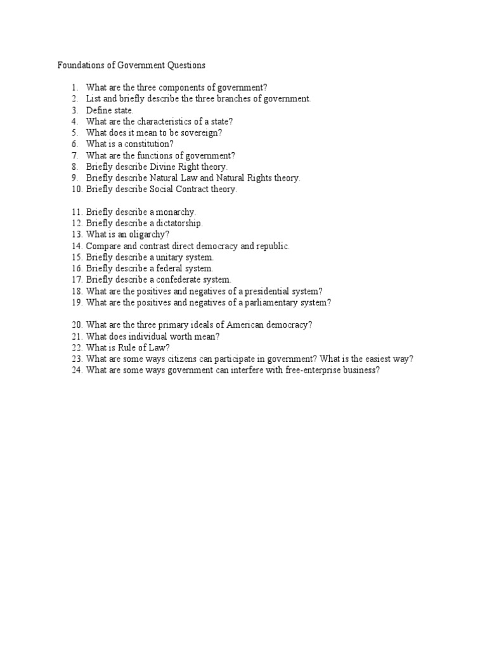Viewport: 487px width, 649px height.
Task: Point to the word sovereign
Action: (x=201, y=133)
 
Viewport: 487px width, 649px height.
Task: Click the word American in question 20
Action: (x=240, y=325)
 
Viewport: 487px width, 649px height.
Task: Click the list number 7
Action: (x=74, y=155)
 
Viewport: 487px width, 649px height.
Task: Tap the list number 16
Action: (x=76, y=269)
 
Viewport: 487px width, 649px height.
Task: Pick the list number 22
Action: (x=77, y=347)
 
